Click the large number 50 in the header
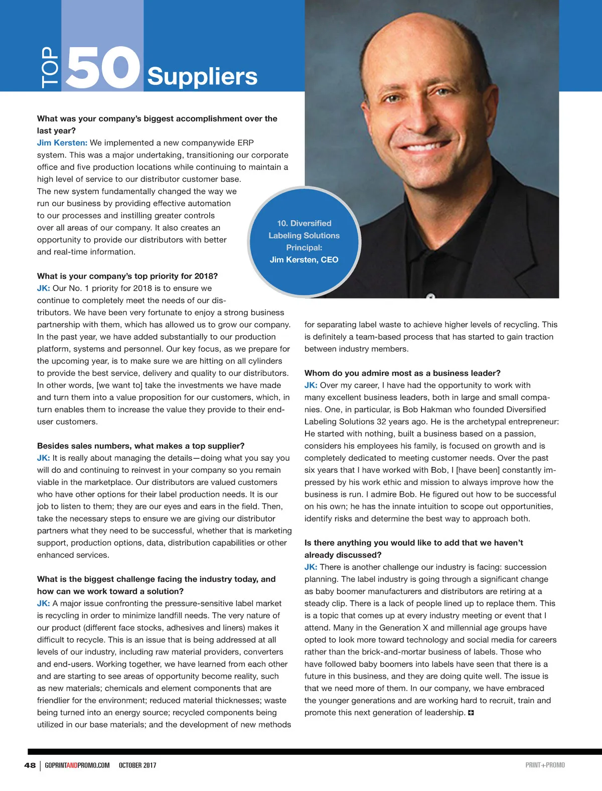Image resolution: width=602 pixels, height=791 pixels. [x=103, y=68]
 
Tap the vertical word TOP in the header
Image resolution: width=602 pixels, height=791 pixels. [x=50, y=68]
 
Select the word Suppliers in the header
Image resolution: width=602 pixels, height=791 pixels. [x=202, y=76]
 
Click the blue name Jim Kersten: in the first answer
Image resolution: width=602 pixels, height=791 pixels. [x=62, y=143]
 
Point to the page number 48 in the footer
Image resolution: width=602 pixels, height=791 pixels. [x=30, y=765]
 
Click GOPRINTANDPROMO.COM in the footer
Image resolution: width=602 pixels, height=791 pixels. [x=77, y=765]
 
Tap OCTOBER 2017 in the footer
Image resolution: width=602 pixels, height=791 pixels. [x=137, y=765]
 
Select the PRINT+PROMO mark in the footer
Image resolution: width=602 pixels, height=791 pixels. [x=545, y=765]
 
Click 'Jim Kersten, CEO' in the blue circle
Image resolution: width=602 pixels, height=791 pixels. [x=304, y=260]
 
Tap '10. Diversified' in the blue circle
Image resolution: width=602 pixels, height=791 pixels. [x=304, y=223]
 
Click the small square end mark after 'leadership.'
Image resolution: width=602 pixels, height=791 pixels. [x=471, y=713]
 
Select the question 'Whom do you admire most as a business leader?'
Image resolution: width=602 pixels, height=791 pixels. [x=402, y=373]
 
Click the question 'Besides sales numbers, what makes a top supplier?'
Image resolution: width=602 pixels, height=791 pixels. [x=141, y=446]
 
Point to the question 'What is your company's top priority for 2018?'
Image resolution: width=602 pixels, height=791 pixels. [x=127, y=276]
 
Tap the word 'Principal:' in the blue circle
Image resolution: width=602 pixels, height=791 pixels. [x=304, y=247]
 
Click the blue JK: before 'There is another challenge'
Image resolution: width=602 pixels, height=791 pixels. [x=311, y=567]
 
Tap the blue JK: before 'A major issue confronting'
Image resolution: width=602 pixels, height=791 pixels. [x=43, y=604]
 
